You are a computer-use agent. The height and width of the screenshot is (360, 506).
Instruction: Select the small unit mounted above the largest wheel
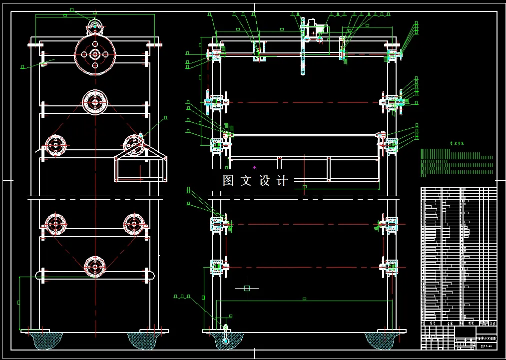coord(95,24)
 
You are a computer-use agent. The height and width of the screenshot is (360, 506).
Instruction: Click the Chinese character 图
coord(228,180)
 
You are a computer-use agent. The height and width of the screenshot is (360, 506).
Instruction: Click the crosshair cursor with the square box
coord(247,288)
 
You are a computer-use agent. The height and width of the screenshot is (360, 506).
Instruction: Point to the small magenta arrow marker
coord(255,167)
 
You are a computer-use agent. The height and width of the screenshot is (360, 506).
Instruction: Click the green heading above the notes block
coord(457,143)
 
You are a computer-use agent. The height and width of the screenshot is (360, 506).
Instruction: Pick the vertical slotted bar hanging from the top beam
coord(303,55)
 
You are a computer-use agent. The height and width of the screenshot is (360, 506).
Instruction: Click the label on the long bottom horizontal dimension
coord(304,299)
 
